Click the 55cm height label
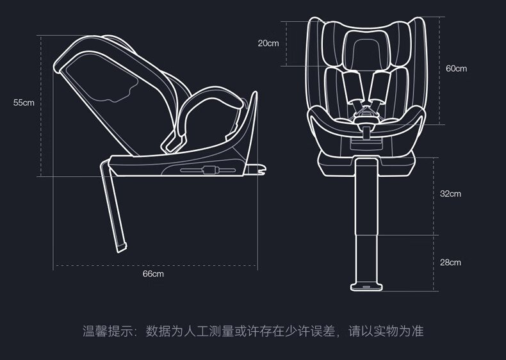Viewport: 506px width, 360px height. coord(24,102)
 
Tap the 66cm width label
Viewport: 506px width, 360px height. coord(153,274)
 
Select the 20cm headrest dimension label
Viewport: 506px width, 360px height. coord(268,44)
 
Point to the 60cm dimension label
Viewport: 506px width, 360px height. coord(456,69)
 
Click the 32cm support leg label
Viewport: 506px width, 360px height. coord(450,193)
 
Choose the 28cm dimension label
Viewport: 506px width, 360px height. coord(450,262)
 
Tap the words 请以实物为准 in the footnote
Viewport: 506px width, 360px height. coord(386,331)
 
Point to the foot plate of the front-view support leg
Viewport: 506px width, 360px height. coord(366,287)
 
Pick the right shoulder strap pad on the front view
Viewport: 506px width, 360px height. coord(379,86)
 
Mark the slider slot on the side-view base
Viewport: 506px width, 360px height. coord(208,170)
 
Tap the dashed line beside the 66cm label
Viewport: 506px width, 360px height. coord(155,266)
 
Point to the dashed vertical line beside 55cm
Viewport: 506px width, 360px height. coord(41,106)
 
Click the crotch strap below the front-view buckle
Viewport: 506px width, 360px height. coord(366,133)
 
